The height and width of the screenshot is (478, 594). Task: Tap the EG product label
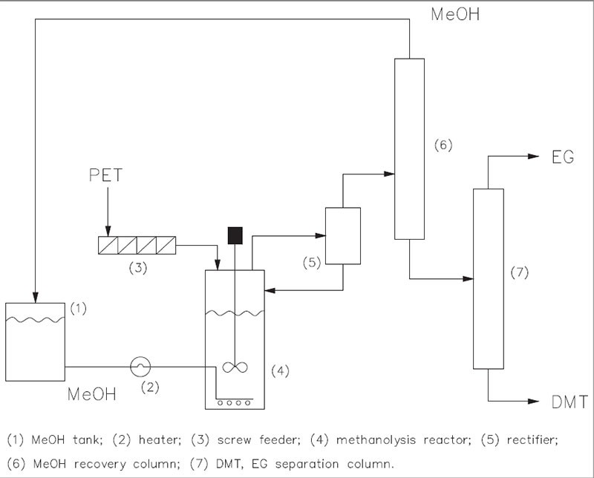click(563, 157)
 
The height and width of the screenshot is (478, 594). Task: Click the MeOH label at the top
click(455, 12)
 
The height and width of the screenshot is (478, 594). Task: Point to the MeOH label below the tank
click(92, 393)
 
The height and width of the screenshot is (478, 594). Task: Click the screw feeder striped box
click(137, 245)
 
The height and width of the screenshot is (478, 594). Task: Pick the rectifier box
click(342, 235)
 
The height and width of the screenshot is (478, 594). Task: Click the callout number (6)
click(443, 143)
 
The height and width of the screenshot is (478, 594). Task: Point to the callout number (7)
click(522, 273)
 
